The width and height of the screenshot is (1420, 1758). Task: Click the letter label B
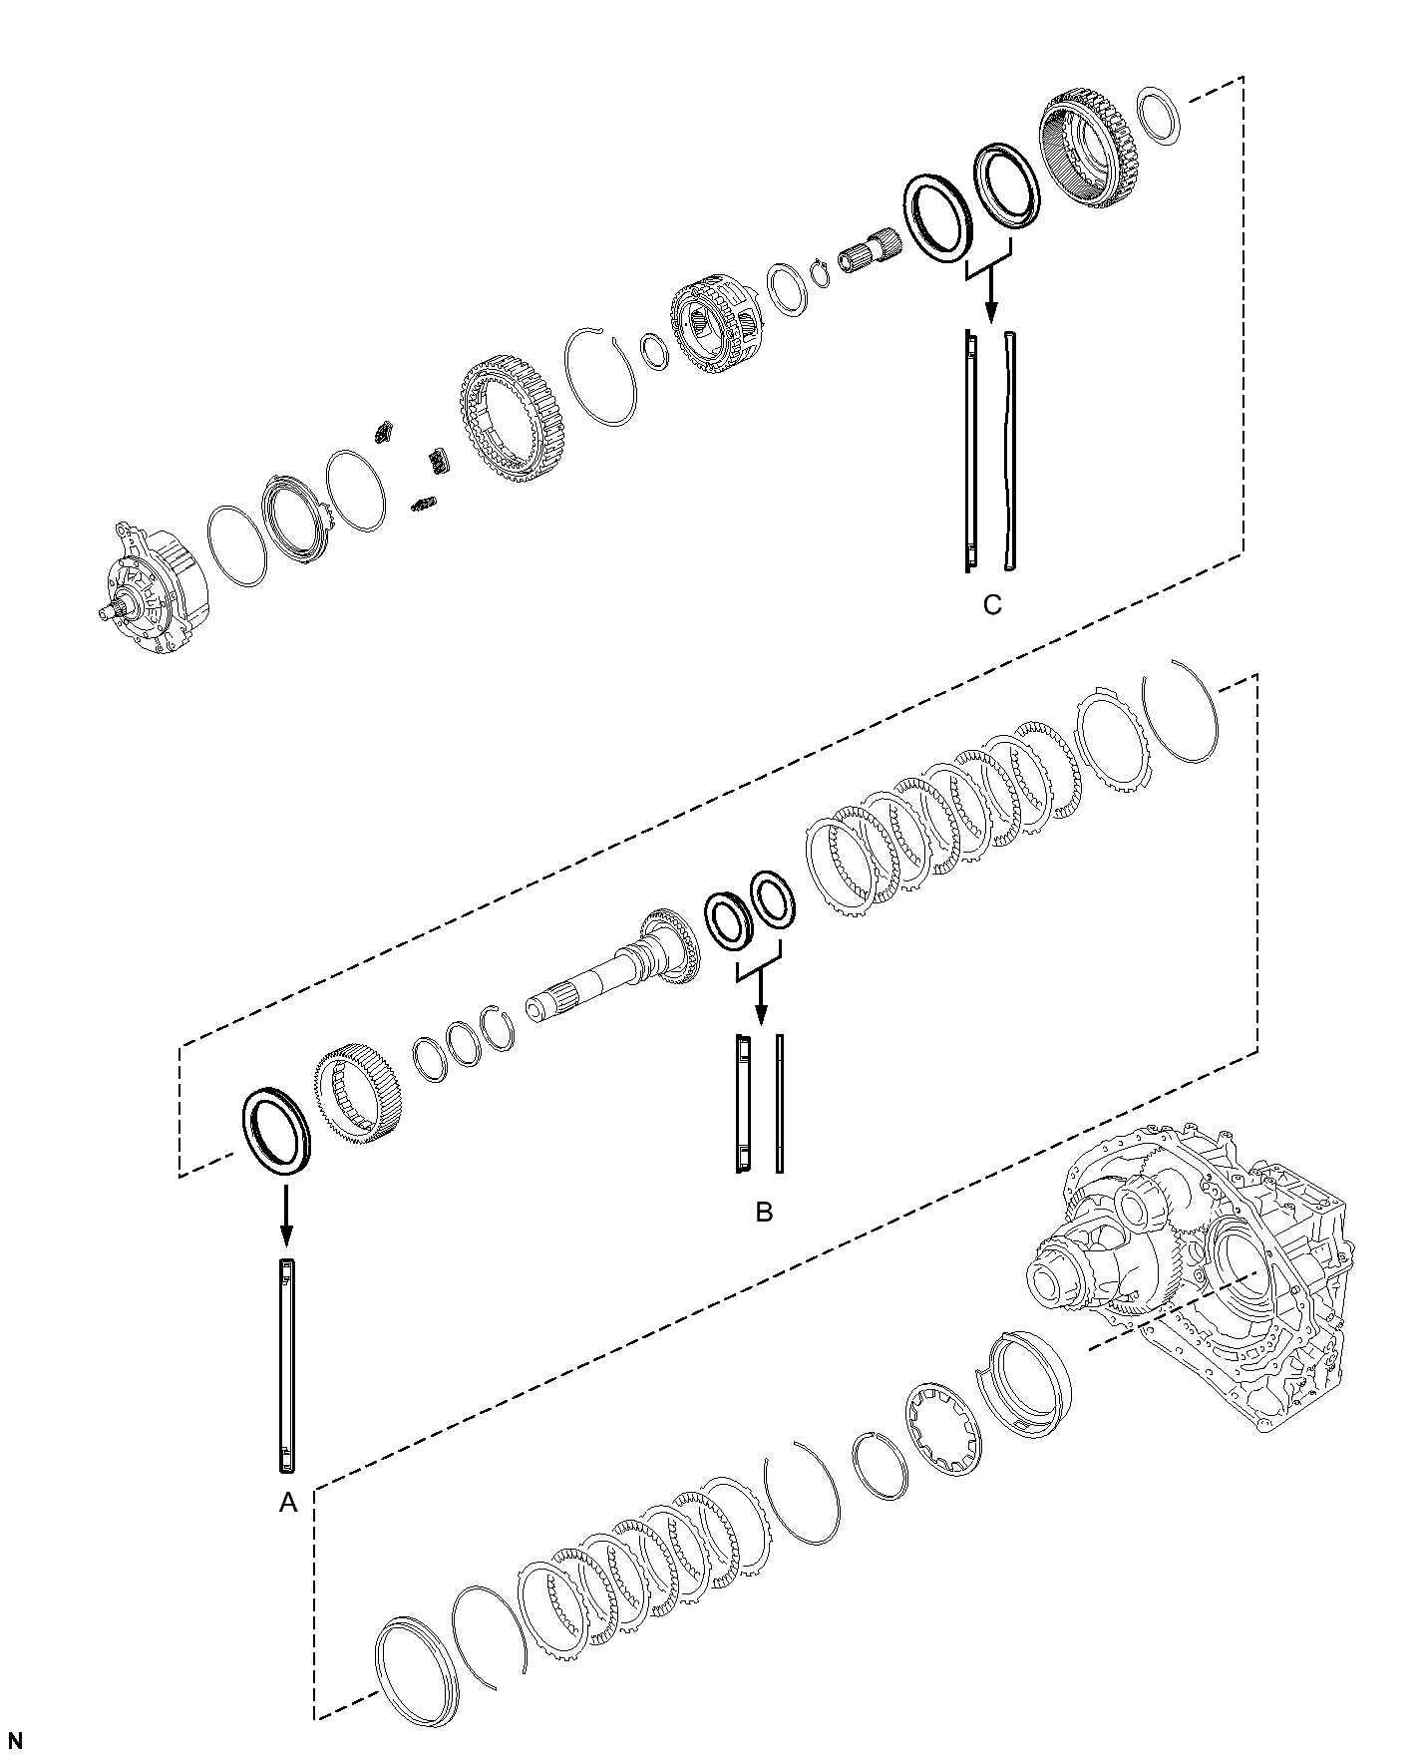[x=764, y=1212]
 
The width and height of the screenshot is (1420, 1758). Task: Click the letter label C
[x=991, y=605]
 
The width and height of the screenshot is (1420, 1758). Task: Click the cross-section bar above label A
[x=287, y=1365]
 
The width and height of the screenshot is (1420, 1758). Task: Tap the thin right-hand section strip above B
[x=780, y=1103]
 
